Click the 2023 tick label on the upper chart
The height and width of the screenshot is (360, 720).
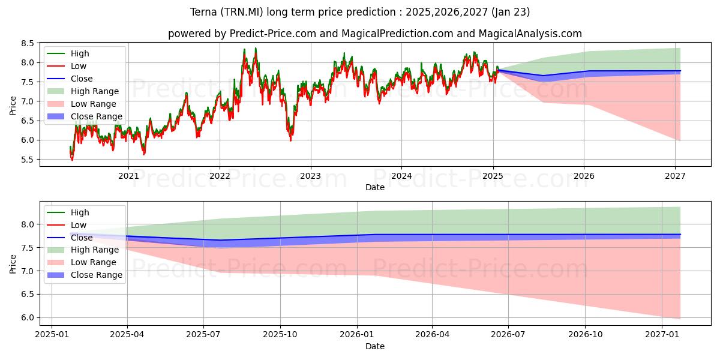click(x=311, y=176)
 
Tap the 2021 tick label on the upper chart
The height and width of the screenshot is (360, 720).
click(x=128, y=176)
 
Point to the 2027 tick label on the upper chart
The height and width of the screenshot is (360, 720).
click(x=675, y=176)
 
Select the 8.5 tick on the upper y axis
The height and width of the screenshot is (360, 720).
click(x=28, y=43)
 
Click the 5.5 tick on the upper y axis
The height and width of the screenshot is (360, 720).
click(x=28, y=160)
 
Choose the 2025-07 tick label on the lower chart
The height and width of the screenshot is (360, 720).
click(x=203, y=335)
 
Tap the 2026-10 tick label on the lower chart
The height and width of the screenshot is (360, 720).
click(x=586, y=335)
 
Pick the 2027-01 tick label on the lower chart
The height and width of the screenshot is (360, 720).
click(x=662, y=335)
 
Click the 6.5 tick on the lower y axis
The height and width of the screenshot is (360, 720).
click(x=28, y=295)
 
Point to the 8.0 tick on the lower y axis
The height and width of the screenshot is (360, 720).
click(x=28, y=224)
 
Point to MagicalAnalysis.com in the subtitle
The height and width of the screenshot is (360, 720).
click(x=530, y=34)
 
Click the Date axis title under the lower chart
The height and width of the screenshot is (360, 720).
click(x=375, y=346)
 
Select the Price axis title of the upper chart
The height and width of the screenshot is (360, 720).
click(x=13, y=106)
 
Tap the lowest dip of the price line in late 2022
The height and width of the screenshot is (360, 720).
click(x=290, y=141)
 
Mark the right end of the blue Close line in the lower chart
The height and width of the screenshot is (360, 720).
click(x=680, y=235)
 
